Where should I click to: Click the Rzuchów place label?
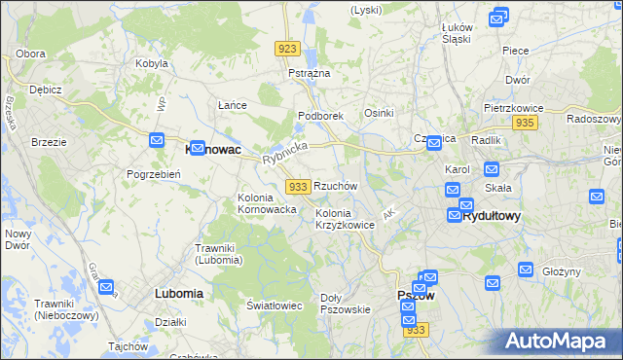[x=336, y=185]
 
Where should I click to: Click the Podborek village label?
[x=321, y=116]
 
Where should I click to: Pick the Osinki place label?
[x=379, y=114]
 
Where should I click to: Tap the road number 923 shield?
[x=287, y=49]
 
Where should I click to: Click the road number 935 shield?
[x=526, y=123]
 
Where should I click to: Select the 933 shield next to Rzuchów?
[x=298, y=186]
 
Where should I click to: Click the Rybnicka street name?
[x=285, y=153]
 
